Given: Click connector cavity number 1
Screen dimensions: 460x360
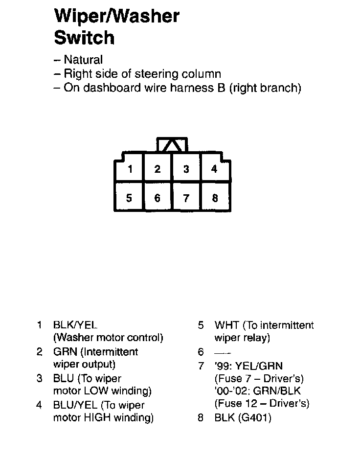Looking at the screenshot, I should (130, 170).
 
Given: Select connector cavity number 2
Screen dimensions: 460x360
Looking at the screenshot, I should (157, 169).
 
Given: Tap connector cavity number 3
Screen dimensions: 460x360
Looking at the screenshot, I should (186, 169).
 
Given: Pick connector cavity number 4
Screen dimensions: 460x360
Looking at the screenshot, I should (214, 169).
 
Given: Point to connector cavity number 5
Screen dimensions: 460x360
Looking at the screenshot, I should (129, 198).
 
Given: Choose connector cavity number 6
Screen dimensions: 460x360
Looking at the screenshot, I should (157, 198).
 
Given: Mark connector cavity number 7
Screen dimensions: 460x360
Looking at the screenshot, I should (186, 198).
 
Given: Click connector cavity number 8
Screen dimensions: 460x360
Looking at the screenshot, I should (215, 198).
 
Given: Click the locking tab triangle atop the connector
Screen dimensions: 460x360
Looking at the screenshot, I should (172, 145).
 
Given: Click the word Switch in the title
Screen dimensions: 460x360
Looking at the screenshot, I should (84, 38).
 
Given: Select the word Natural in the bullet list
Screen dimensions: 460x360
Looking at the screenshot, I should (83, 60).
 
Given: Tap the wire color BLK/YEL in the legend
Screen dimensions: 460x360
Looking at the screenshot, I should (75, 325).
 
